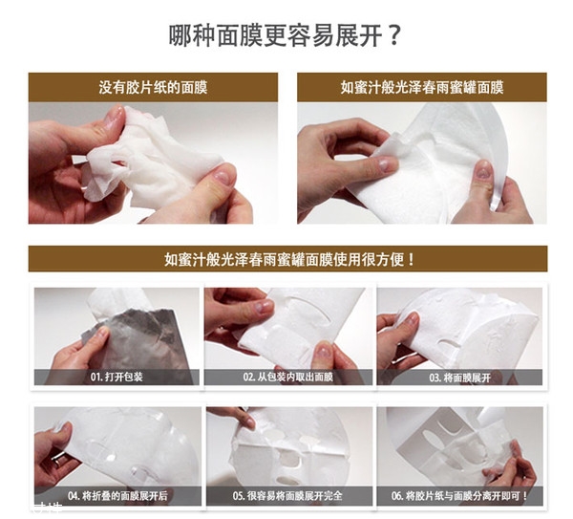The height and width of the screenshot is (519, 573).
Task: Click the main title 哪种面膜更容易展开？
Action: pyautogui.click(x=285, y=36)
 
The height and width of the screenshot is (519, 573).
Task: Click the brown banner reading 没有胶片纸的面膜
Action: pyautogui.click(x=153, y=87)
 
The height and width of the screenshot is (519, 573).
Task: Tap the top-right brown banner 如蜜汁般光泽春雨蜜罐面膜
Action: pyautogui.click(x=421, y=87)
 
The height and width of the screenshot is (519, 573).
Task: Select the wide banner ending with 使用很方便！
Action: pyautogui.click(x=287, y=259)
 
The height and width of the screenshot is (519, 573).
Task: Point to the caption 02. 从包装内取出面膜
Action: pyautogui.click(x=286, y=378)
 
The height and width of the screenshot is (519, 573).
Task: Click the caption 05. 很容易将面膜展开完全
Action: pyautogui.click(x=286, y=496)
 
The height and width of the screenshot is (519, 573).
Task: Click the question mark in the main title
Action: pyautogui.click(x=393, y=36)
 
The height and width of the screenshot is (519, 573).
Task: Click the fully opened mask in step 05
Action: pyautogui.click(x=286, y=449)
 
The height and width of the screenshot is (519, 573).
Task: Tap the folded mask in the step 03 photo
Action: pyautogui.click(x=468, y=325)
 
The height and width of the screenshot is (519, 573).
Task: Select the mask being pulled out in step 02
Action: pyautogui.click(x=286, y=330)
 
